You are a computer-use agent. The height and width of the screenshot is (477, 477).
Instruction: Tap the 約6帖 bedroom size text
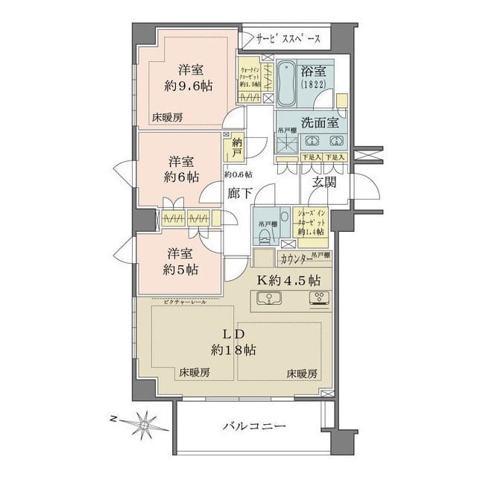point(182,177)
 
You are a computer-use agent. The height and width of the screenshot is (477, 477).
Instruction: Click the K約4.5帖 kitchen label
point(289,281)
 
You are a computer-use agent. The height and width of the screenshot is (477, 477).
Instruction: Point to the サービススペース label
point(288,38)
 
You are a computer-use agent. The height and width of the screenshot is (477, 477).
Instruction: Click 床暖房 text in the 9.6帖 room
point(168,117)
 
